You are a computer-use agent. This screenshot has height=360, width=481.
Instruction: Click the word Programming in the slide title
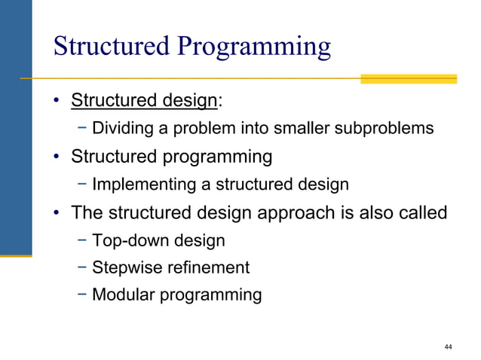tap(254, 47)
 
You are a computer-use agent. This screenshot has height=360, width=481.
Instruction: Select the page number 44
tap(449, 346)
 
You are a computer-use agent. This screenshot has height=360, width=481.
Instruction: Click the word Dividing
tap(121, 128)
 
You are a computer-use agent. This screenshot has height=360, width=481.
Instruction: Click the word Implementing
tap(140, 185)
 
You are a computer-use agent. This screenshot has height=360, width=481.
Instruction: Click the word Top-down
tap(126, 241)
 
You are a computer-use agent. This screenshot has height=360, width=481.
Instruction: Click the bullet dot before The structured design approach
tap(57, 214)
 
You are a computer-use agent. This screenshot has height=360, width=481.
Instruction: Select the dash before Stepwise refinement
tap(82, 267)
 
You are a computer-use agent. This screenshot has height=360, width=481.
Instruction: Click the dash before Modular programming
tap(82, 294)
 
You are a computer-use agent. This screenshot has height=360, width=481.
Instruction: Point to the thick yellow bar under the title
tap(408, 78)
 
